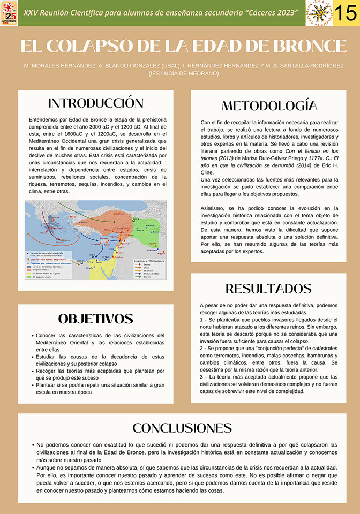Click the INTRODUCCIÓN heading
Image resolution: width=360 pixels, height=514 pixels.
tap(96, 103)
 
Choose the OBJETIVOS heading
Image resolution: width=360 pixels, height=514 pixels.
tap(96, 319)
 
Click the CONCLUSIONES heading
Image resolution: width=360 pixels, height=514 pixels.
tap(182, 428)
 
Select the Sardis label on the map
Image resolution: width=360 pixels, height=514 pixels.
tap(84, 222)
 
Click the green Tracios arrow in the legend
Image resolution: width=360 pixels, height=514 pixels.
tap(136, 277)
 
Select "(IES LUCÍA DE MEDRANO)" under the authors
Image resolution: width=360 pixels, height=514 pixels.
tap(184, 73)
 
